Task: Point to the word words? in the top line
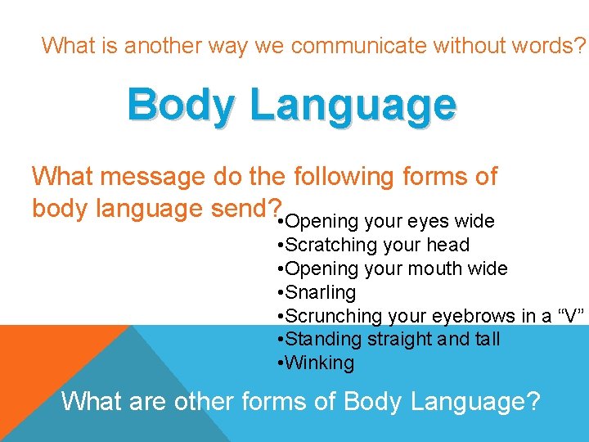pyautogui.click(x=554, y=46)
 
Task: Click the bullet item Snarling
pyautogui.click(x=321, y=292)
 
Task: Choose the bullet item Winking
pyautogui.click(x=320, y=363)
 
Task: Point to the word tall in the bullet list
pyautogui.click(x=485, y=340)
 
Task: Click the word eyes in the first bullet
pyautogui.click(x=428, y=221)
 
